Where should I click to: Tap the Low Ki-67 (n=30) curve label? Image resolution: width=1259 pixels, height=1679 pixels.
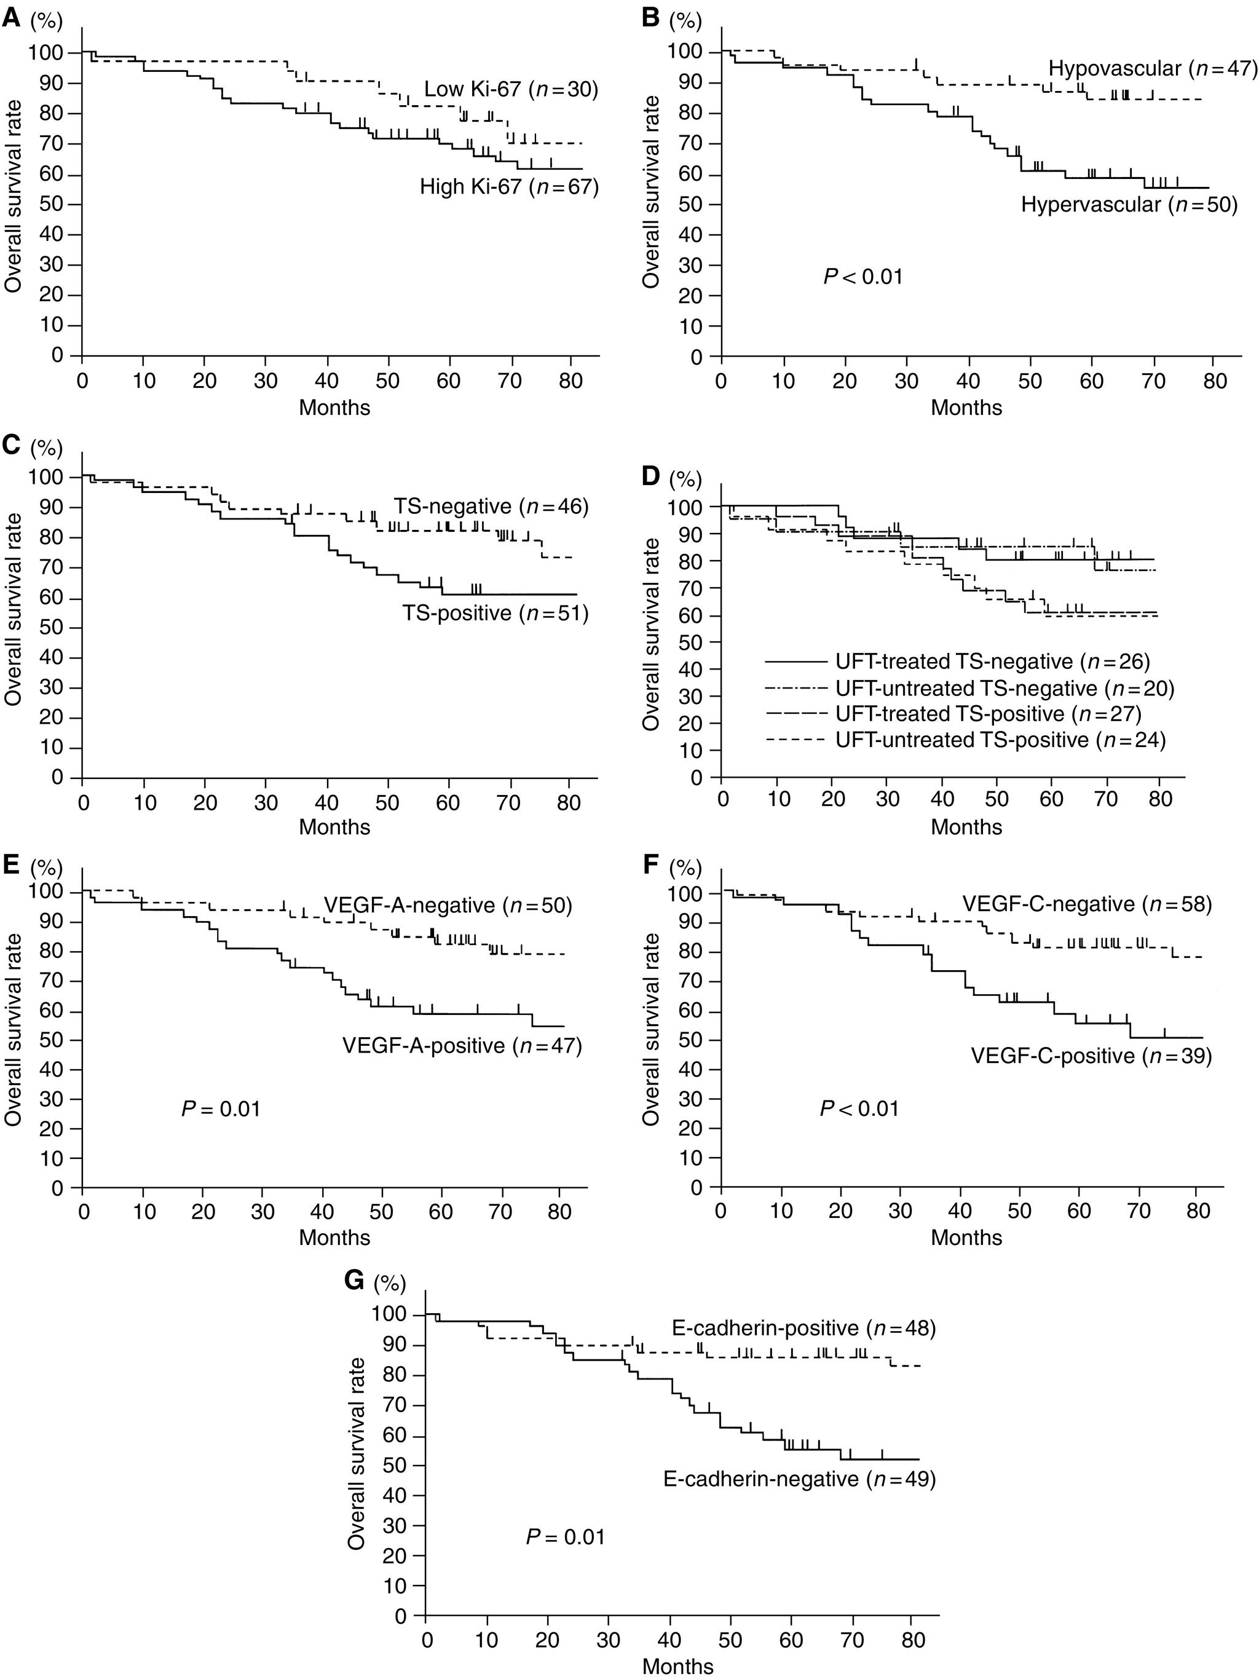[511, 90]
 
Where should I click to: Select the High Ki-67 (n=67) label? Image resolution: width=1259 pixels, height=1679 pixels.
[509, 186]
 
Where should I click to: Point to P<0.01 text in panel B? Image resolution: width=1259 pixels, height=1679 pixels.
[863, 276]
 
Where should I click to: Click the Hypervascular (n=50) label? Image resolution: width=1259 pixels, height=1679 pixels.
[1129, 205]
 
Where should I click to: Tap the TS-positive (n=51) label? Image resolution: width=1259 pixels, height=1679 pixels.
[495, 612]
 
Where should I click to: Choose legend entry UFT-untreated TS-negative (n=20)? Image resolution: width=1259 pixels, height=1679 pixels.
[1004, 689]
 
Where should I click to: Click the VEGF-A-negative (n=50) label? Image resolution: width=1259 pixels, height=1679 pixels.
[448, 906]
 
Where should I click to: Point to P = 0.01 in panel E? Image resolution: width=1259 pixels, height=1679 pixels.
[221, 1109]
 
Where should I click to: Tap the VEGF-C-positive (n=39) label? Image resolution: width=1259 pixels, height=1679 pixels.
[1091, 1056]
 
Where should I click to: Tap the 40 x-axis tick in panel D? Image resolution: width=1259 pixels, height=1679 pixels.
[942, 799]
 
